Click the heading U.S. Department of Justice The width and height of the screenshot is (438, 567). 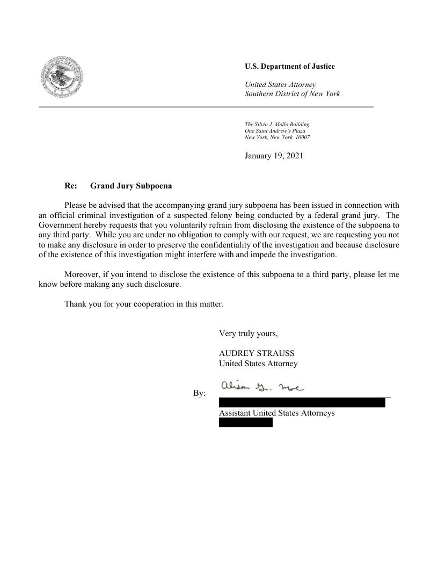click(289, 67)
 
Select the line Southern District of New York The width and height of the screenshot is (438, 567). click(292, 94)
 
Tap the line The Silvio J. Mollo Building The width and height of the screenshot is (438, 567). click(277, 125)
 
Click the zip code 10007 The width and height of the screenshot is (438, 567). click(302, 137)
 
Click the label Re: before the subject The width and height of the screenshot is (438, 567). click(71, 186)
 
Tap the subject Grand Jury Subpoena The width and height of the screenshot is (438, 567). click(131, 186)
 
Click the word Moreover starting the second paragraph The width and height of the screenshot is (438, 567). click(82, 274)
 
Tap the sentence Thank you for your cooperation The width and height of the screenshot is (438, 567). click(143, 304)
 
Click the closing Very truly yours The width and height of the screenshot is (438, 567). click(249, 333)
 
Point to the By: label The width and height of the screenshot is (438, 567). click(199, 394)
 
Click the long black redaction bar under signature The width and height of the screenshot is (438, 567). click(302, 403)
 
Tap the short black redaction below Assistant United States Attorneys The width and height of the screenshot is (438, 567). click(245, 423)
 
